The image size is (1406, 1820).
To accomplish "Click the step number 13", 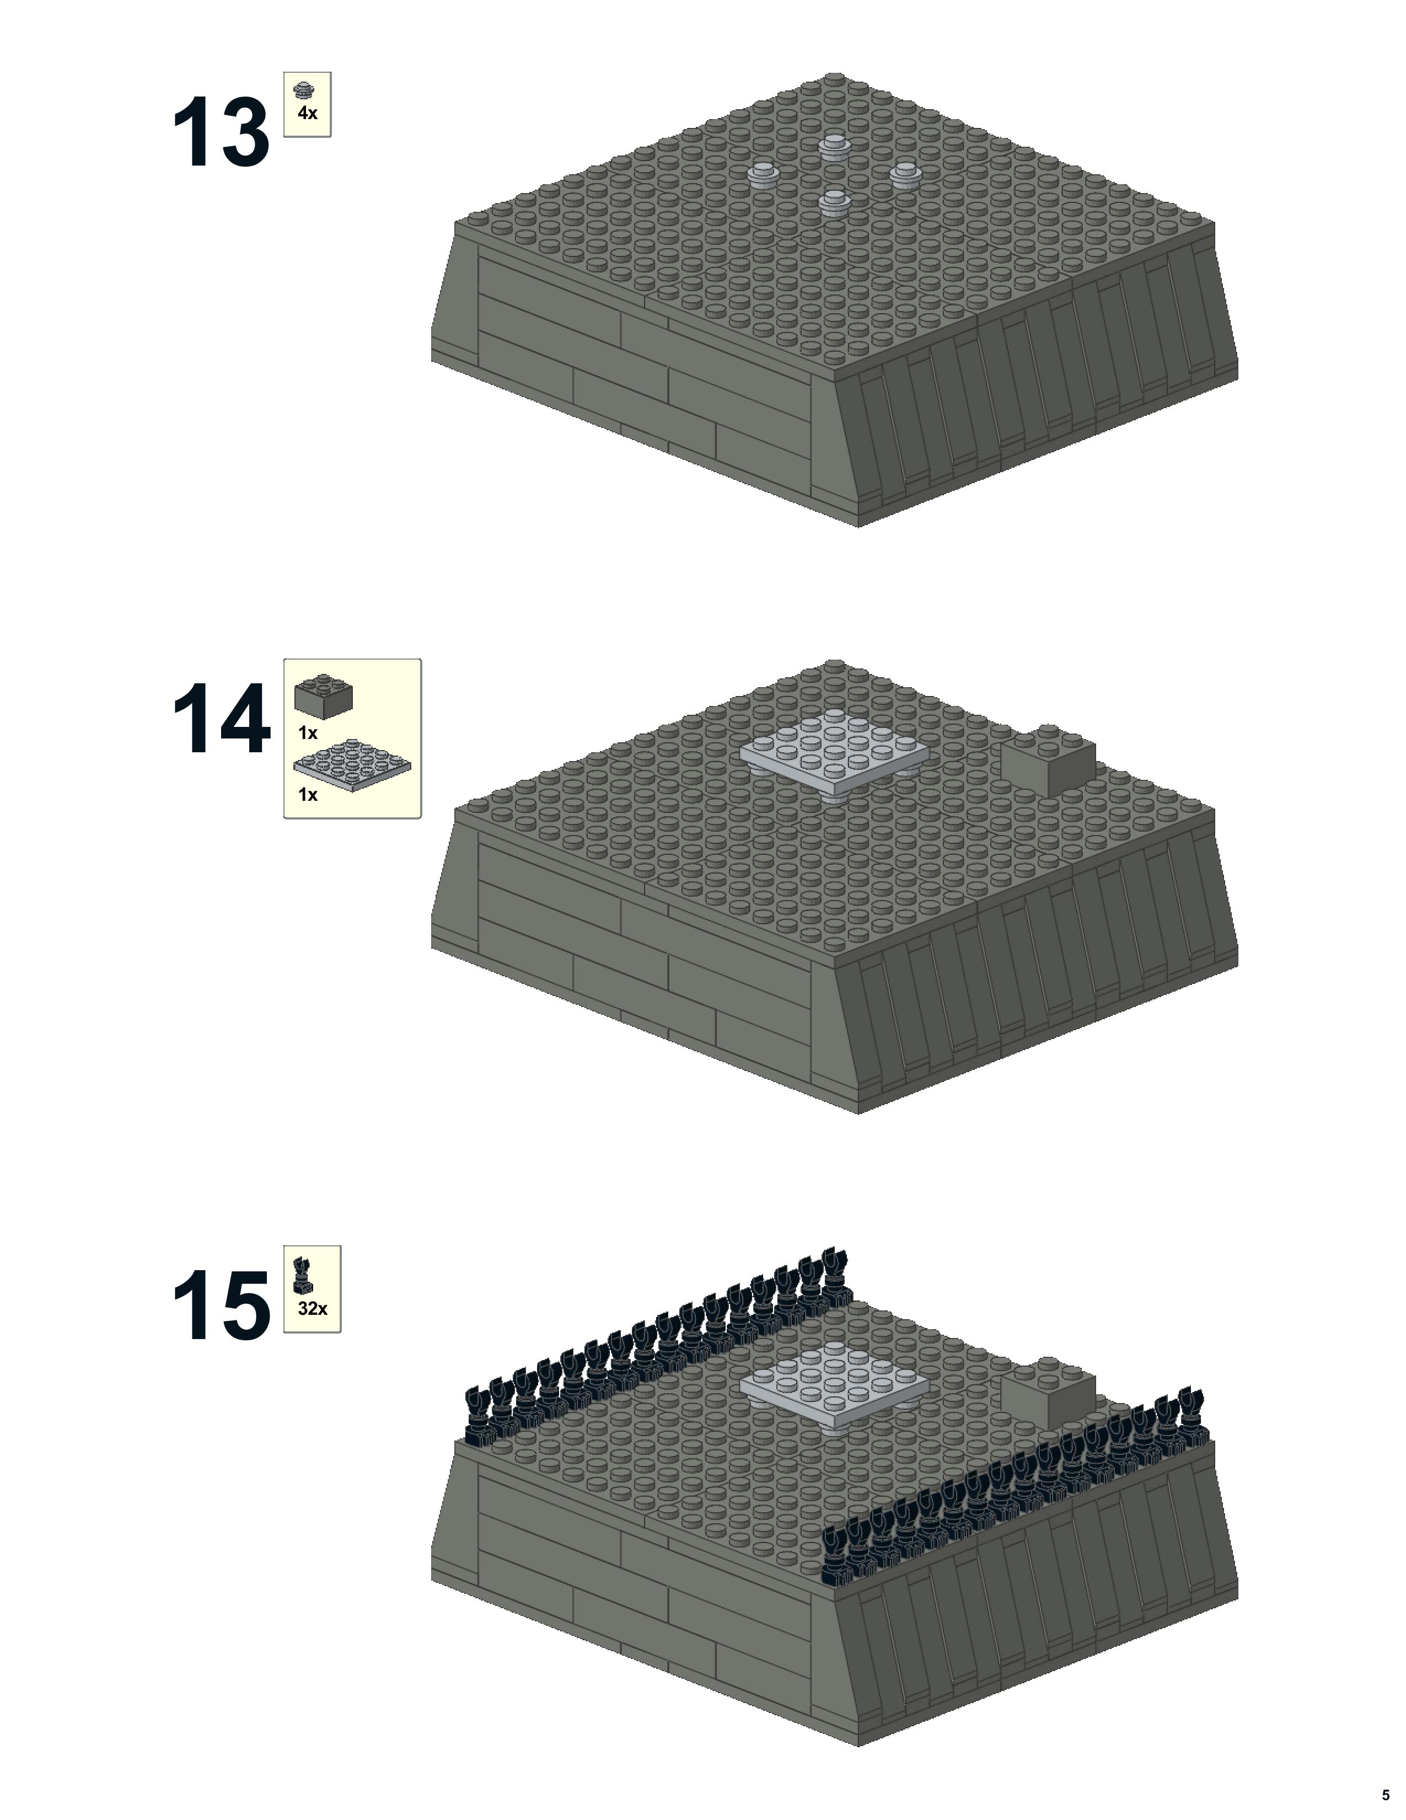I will point(221,133).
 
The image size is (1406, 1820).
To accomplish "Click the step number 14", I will point(221,719).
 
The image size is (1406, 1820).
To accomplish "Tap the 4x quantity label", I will point(307,113).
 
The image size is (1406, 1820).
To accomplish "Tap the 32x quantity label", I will point(312,1309).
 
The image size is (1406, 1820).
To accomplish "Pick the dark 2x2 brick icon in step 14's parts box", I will point(323,694).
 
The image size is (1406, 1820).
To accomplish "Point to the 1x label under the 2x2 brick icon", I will point(308,734).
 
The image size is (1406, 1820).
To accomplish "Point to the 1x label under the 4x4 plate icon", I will point(308,795).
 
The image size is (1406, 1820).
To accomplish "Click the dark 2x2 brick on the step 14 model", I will point(1047,760).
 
